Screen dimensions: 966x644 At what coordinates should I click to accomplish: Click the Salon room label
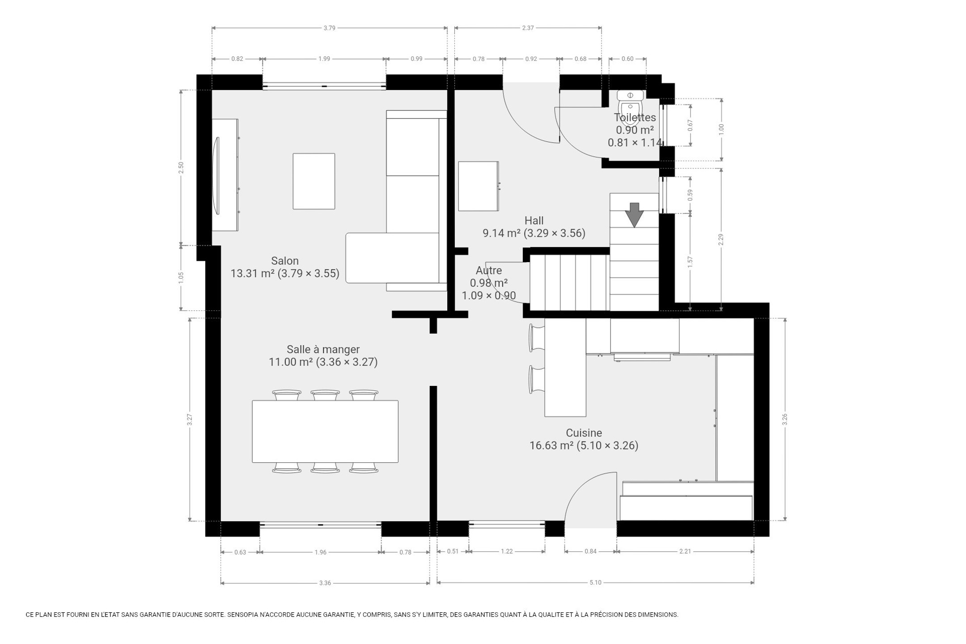[285, 261]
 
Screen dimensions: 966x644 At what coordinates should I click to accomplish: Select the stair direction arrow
[634, 215]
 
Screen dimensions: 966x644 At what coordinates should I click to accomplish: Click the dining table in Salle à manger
[325, 431]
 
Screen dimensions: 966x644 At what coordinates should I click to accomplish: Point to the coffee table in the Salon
[314, 181]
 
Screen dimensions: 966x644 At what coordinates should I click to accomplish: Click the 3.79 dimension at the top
[330, 28]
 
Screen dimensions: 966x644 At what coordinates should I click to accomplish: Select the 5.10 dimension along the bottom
[596, 582]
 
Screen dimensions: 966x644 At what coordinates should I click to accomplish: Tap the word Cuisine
[584, 433]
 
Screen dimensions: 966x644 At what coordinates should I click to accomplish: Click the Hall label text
[534, 220]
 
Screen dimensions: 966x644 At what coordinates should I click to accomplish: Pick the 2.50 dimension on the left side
[181, 168]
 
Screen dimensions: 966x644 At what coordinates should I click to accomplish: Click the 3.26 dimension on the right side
[785, 419]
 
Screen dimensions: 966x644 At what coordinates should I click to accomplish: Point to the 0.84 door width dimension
[591, 551]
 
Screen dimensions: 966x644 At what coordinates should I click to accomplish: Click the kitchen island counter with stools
[565, 368]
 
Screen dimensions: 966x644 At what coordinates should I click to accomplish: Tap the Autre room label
[489, 271]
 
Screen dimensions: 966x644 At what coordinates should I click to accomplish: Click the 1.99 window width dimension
[324, 59]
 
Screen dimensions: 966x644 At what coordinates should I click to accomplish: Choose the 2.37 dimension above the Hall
[528, 28]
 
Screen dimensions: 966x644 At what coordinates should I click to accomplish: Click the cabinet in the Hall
[479, 186]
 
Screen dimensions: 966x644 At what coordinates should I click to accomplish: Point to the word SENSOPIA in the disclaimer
[244, 614]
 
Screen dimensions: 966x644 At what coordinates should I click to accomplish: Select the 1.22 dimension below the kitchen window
[507, 551]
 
